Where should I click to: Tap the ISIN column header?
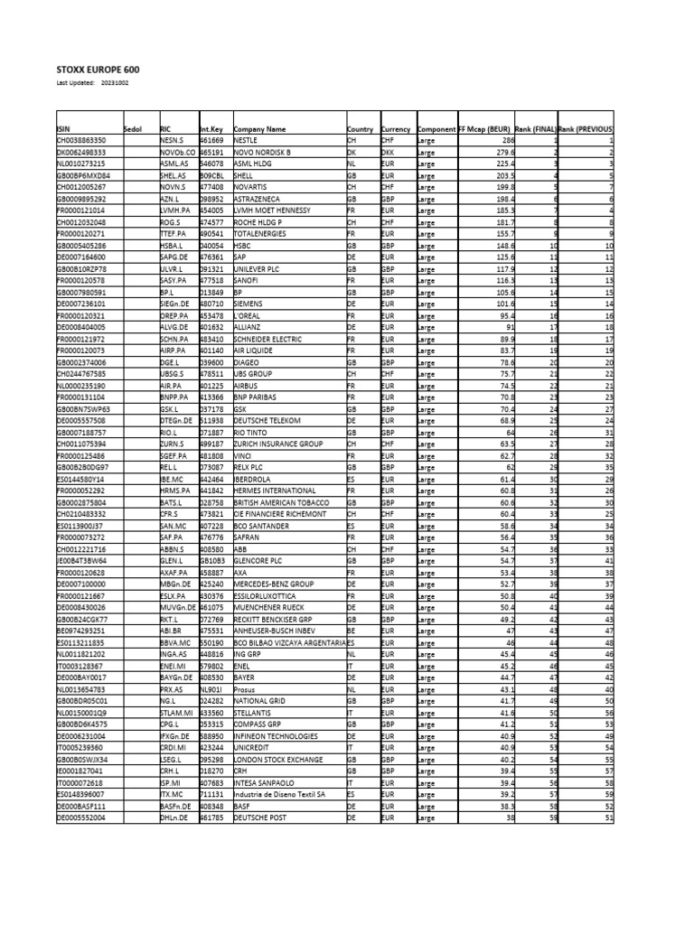[63, 130]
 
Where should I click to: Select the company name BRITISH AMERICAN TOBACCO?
[281, 501]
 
